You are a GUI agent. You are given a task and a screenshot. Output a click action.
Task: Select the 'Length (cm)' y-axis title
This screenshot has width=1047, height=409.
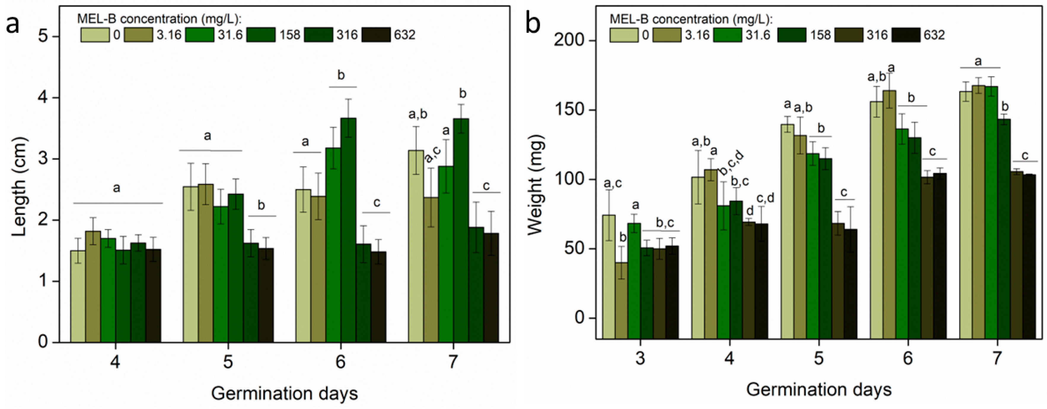click(19, 187)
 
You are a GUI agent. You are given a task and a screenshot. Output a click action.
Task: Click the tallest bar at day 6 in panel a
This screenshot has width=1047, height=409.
click(348, 230)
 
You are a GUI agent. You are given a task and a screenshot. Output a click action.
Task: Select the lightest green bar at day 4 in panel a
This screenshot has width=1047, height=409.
click(78, 296)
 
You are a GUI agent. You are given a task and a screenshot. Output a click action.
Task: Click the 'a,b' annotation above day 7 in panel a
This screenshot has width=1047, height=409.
click(418, 114)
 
